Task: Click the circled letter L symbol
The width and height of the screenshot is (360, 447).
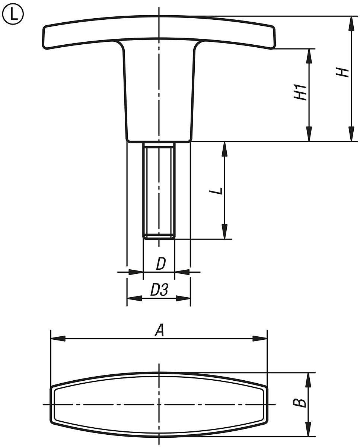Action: [x=13, y=15]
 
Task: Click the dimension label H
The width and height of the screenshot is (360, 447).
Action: [x=343, y=72]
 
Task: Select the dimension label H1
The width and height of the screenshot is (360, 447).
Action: [x=300, y=92]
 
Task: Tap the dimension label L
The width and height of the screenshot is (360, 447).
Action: [x=216, y=190]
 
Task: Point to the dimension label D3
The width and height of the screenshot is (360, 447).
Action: [x=159, y=290]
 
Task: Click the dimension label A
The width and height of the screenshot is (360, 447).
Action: [x=159, y=330]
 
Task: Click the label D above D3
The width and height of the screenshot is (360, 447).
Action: [x=160, y=264]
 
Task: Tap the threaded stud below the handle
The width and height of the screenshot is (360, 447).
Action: [x=159, y=190]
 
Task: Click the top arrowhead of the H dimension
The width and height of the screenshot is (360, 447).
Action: [x=351, y=23]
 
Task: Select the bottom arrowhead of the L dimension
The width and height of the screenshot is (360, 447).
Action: [x=224, y=232]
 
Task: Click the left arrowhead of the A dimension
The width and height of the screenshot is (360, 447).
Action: [x=58, y=339]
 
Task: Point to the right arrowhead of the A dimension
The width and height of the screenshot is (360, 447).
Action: [x=260, y=339]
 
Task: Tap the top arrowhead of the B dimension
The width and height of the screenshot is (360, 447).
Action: [x=308, y=380]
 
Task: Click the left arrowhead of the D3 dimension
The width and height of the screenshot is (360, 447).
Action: [x=134, y=298]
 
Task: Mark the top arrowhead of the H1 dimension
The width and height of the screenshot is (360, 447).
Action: [x=309, y=56]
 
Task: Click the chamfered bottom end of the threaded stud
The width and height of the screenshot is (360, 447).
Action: [x=159, y=237]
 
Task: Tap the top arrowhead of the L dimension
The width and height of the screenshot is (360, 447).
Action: [x=224, y=149]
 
